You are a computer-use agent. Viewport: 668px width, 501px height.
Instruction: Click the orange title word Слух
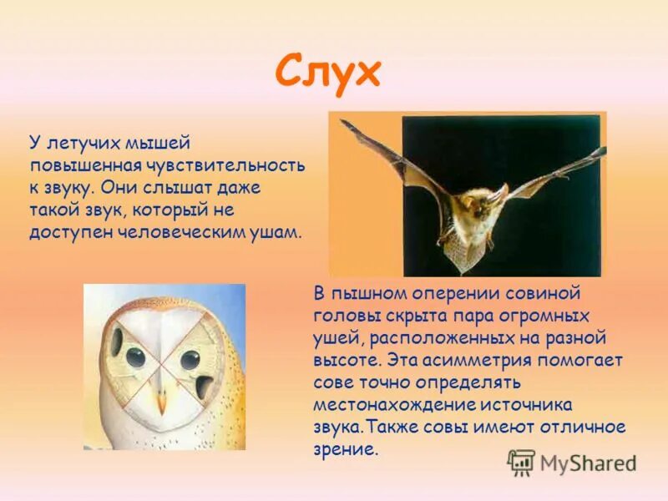point(327,73)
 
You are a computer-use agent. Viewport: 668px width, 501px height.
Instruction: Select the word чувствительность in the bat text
point(239,166)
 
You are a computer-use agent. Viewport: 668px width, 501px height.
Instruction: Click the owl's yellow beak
point(162,401)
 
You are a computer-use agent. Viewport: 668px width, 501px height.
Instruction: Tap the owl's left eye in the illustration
point(135,357)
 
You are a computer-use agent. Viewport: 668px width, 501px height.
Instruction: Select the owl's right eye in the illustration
point(190,359)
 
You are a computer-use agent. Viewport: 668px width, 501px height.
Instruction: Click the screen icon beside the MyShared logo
point(522,463)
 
